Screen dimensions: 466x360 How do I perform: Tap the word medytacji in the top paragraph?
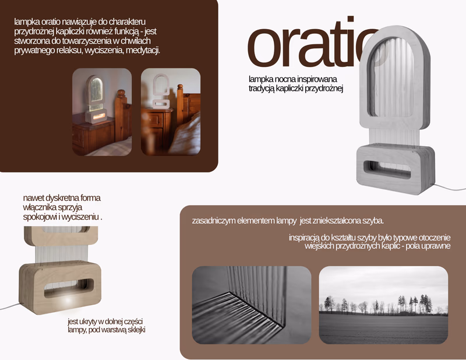pos(143,51)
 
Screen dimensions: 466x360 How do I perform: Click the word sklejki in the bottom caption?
pos(135,330)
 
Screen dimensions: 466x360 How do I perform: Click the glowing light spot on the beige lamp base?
pos(68,300)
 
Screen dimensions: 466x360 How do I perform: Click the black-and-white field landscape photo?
pos(383,305)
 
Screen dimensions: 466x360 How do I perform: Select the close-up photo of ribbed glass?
pos(252,305)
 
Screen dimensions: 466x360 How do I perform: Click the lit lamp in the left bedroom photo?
pos(96,99)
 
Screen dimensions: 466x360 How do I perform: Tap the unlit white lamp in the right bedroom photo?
pos(161,91)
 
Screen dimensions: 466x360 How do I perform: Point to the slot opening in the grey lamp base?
pos(387,170)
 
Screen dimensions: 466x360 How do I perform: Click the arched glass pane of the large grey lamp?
pos(391,79)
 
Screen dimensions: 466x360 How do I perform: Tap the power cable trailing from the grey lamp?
pos(448,188)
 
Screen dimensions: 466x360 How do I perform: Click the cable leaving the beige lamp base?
pos(10,306)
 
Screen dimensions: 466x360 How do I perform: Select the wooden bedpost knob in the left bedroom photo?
pos(121,93)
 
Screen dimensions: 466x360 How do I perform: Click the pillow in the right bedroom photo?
pos(186,135)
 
